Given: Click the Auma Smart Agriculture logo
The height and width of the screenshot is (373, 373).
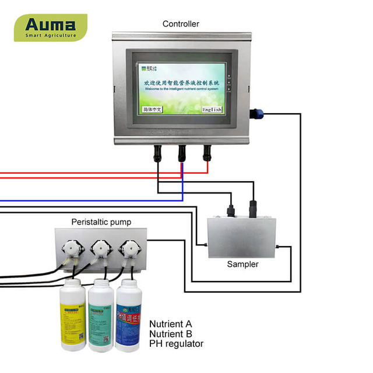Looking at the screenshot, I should click(50, 27).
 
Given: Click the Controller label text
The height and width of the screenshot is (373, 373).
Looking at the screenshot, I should click(181, 24).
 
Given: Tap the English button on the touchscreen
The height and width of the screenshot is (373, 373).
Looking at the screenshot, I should click(212, 110).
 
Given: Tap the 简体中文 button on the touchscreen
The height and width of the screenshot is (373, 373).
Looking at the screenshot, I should click(152, 110).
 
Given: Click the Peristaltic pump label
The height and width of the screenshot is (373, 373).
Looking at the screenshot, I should click(101, 222).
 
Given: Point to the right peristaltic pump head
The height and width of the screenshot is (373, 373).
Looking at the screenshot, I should click(129, 249).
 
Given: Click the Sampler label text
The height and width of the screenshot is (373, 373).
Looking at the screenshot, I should click(242, 264).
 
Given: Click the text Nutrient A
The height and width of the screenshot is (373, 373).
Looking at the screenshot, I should click(170, 324).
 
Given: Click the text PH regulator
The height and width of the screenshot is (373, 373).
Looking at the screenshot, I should click(177, 344).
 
